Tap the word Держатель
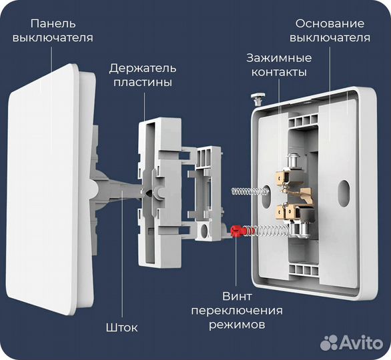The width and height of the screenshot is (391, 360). click(x=143, y=68)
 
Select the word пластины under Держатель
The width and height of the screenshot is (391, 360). click(x=143, y=83)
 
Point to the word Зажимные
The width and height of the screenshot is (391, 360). click(x=279, y=57)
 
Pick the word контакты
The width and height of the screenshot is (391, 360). click(x=279, y=72)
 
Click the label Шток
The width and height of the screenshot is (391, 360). click(x=121, y=327)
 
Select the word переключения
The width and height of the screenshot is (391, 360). click(x=237, y=311)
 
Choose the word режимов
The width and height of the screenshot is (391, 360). click(x=237, y=325)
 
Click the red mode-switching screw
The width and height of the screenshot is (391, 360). click(x=236, y=231)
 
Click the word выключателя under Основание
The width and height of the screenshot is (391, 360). click(x=331, y=37)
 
